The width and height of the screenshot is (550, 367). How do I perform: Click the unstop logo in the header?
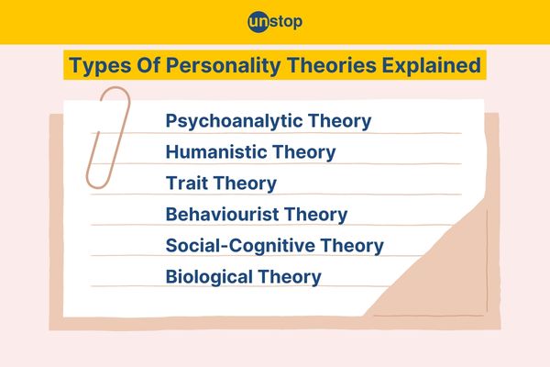click(x=275, y=22)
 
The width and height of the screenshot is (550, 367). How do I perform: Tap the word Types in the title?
click(x=100, y=66)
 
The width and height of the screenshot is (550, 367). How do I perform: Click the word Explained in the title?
click(x=431, y=66)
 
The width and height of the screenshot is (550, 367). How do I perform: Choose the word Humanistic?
click(x=216, y=151)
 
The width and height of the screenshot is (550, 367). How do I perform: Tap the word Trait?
click(x=187, y=183)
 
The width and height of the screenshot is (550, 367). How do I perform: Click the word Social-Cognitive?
click(x=240, y=245)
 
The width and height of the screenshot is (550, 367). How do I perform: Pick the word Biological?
click(x=209, y=277)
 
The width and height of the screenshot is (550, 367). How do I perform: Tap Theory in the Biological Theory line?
click(x=290, y=277)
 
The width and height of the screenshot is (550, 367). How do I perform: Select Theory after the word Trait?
click(x=245, y=183)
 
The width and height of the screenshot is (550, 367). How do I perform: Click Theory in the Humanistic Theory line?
click(x=304, y=153)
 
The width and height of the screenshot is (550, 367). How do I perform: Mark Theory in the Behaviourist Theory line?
click(x=315, y=215)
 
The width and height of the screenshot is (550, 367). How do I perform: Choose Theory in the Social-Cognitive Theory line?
click(x=352, y=246)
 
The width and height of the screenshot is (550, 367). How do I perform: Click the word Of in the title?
click(x=148, y=65)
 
